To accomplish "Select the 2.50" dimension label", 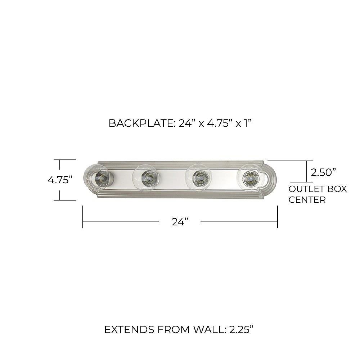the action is [323, 172].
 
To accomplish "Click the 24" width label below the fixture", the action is [180, 222].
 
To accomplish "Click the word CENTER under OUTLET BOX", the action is [307, 199].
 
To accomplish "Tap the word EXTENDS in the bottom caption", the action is [129, 329].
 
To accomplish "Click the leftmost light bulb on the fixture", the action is [99, 177].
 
